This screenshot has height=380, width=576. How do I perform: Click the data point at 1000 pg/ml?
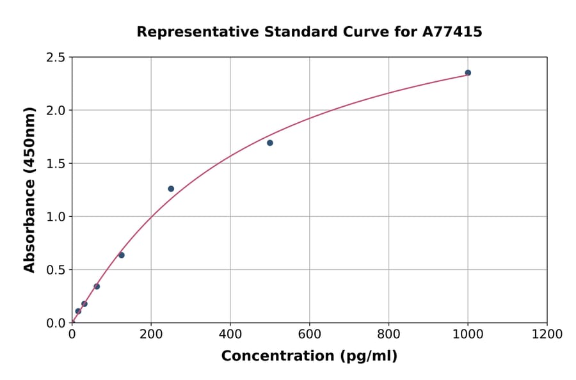tap(468, 73)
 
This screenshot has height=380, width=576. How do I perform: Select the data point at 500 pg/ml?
tap(270, 143)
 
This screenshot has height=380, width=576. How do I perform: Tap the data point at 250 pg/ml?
tap(171, 189)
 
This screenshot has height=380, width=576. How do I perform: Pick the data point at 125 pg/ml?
tap(122, 255)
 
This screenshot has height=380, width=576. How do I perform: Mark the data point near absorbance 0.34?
tap(97, 287)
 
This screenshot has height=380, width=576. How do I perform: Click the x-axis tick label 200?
tap(151, 334)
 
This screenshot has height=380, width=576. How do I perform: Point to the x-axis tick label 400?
tap(230, 334)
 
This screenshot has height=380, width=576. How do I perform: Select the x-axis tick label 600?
tap(310, 334)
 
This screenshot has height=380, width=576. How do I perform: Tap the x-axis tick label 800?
tap(388, 334)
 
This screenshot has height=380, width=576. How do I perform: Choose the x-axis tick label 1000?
tap(468, 334)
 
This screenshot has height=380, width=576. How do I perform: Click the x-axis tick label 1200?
tap(547, 334)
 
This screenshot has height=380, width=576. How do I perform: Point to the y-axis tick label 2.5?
tap(55, 58)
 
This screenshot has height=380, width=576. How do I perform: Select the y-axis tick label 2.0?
tap(55, 111)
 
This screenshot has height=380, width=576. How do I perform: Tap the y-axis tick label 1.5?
tap(55, 164)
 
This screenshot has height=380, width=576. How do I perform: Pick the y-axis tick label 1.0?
tap(55, 217)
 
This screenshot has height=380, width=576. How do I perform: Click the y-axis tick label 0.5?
tap(55, 270)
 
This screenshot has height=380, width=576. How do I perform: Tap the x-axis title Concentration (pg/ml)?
tap(309, 356)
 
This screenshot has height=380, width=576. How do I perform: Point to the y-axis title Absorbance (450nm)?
tap(29, 190)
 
